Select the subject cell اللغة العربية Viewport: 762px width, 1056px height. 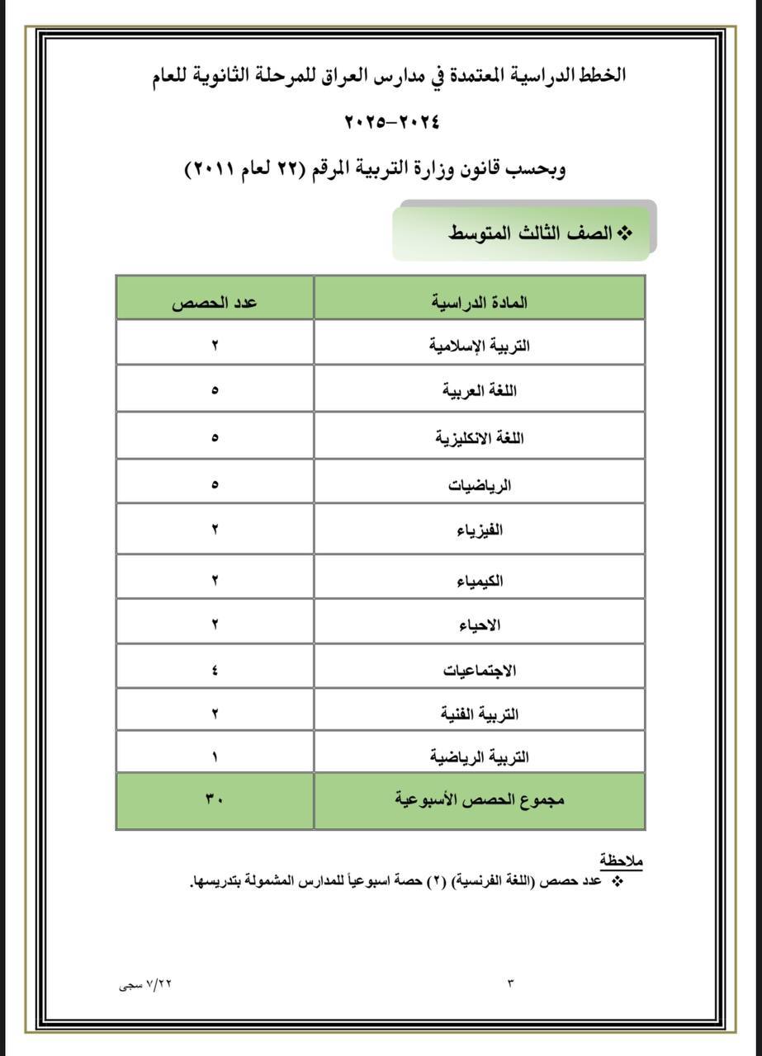pos(480,390)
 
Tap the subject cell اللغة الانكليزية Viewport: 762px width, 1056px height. pos(480,438)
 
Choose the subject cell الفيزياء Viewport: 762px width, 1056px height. pos(480,530)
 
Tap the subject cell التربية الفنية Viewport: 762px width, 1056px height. pos(480,714)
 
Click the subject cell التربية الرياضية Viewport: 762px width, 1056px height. pos(480,757)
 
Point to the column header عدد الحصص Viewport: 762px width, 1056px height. pos(215,303)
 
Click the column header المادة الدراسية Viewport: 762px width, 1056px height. pos(480,303)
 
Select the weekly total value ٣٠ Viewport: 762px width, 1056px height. pos(215,799)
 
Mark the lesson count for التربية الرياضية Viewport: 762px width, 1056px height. pos(215,757)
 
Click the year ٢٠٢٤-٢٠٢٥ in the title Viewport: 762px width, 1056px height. pos(391,122)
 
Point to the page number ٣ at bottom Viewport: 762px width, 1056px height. pos(510,983)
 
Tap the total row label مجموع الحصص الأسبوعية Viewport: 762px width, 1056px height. pos(480,799)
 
